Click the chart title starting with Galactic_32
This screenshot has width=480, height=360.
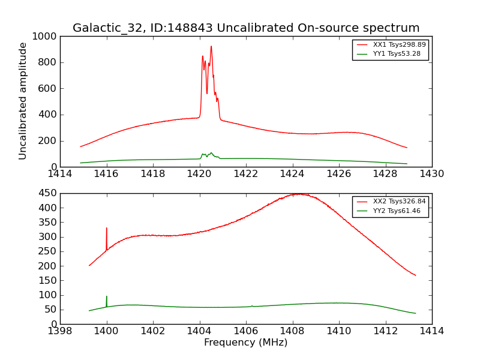(246, 28)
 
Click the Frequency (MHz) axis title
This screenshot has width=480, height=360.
(246, 343)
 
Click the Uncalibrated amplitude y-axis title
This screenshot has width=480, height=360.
(23, 101)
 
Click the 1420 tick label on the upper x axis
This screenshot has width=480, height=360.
(199, 174)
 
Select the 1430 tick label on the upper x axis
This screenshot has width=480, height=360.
(431, 174)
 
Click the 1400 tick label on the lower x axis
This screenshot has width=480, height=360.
(107, 331)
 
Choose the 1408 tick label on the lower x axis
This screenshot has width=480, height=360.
(292, 331)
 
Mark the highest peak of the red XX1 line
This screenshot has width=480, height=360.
(211, 47)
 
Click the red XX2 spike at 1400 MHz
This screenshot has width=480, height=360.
(107, 229)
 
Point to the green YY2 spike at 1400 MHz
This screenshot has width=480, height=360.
(107, 297)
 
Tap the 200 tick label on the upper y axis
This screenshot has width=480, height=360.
(47, 141)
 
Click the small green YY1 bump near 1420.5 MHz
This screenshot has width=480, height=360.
(211, 153)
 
